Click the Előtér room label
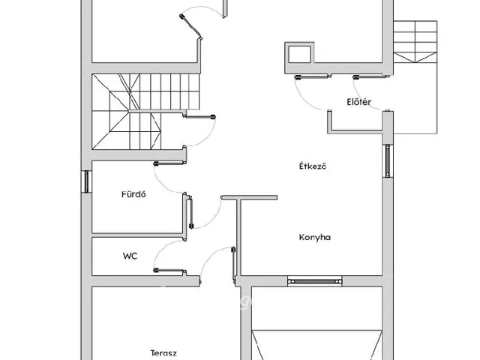click(x=358, y=102)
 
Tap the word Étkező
click(x=313, y=166)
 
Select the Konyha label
click(x=315, y=237)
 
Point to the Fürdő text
click(x=133, y=194)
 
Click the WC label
click(x=130, y=256)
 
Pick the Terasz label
click(x=163, y=353)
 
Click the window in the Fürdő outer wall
click(x=86, y=181)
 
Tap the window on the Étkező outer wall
click(x=388, y=160)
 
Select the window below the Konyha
click(x=315, y=281)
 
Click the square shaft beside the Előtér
click(x=299, y=53)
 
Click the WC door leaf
click(x=169, y=271)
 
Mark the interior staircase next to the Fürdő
click(x=145, y=112)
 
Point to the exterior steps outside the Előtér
click(x=415, y=41)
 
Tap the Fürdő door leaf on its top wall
click(x=170, y=163)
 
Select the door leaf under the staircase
click(x=200, y=117)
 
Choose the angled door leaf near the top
click(x=190, y=27)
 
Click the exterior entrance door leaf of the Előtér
click(x=371, y=76)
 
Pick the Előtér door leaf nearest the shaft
click(x=313, y=76)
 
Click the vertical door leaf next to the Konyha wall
click(x=234, y=263)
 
